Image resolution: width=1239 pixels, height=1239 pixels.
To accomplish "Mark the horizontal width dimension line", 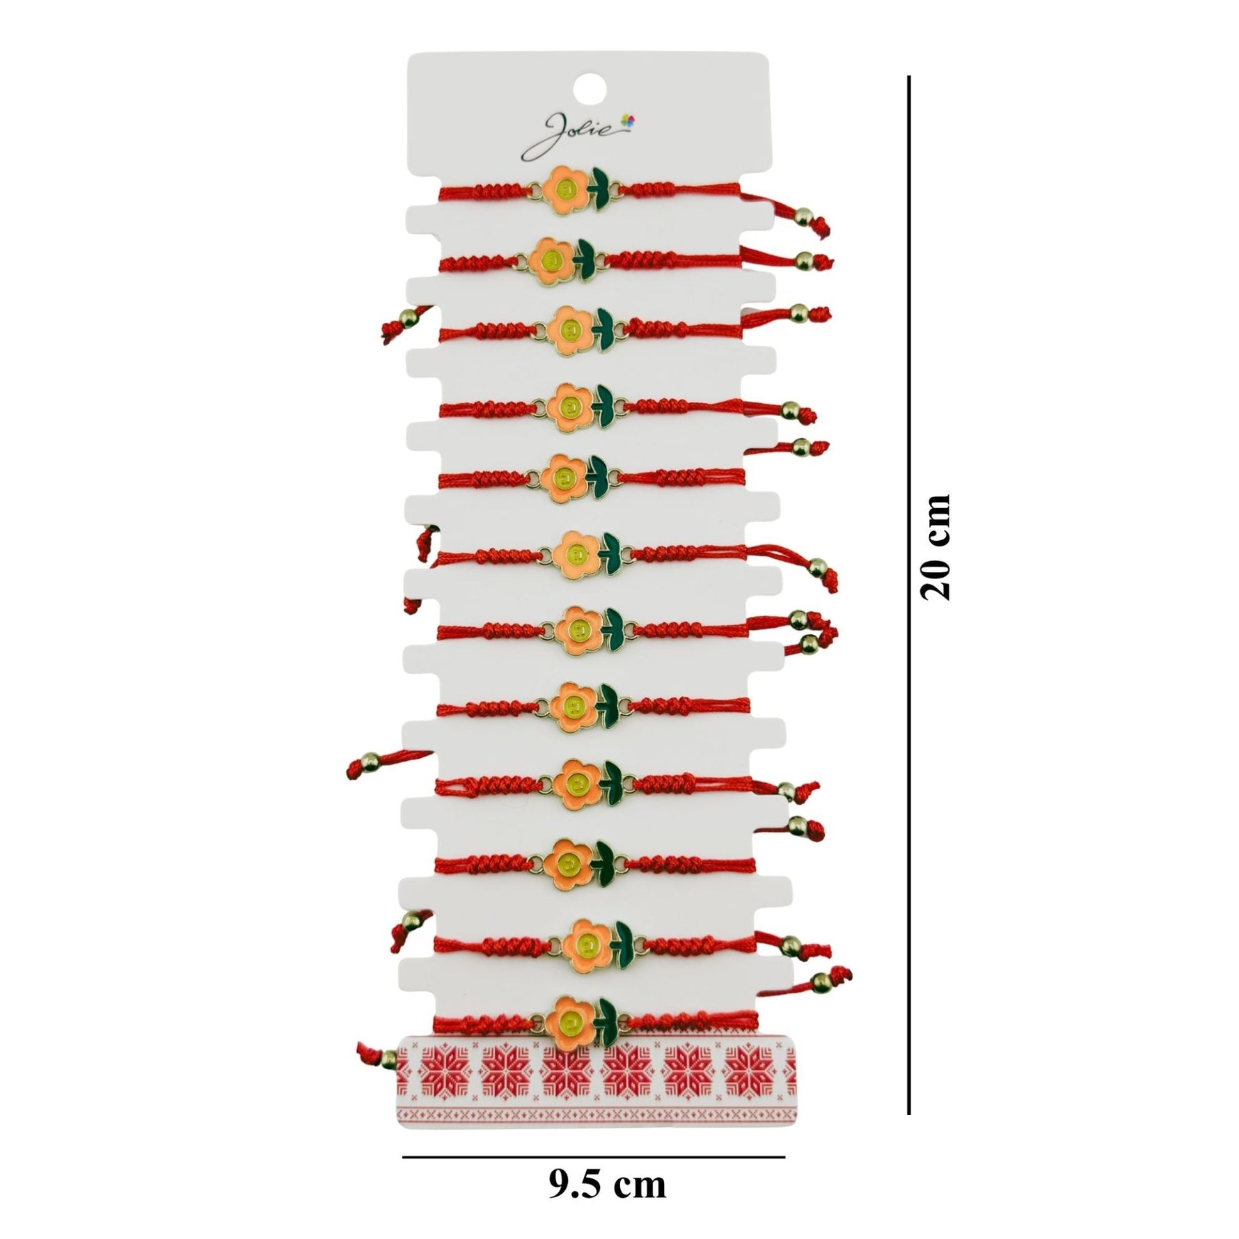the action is click(594, 1157).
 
